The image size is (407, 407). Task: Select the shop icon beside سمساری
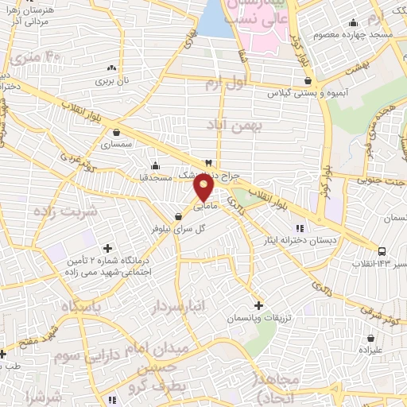[118, 133]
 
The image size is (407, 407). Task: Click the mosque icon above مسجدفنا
[155, 166]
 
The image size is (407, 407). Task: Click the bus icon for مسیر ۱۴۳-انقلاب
[382, 251]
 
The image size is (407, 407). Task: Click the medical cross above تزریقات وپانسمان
[259, 305]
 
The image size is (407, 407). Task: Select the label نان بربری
[112, 80]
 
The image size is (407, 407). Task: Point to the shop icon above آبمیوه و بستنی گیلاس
[308, 80]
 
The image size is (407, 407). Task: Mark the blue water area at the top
[215, 20]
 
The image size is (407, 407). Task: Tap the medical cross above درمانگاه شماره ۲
[108, 248]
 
